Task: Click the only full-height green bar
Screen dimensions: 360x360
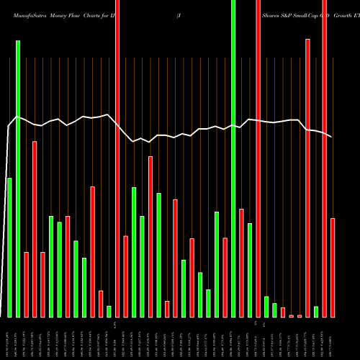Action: (x=233, y=158)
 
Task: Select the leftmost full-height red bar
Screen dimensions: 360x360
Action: (x=117, y=158)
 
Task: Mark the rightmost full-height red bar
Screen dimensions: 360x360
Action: (x=325, y=158)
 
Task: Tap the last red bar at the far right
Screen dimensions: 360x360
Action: (x=333, y=267)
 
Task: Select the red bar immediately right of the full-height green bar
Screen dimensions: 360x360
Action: (x=241, y=263)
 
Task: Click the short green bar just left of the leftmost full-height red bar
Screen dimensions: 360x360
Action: (x=109, y=311)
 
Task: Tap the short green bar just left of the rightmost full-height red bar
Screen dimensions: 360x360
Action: (x=316, y=311)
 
